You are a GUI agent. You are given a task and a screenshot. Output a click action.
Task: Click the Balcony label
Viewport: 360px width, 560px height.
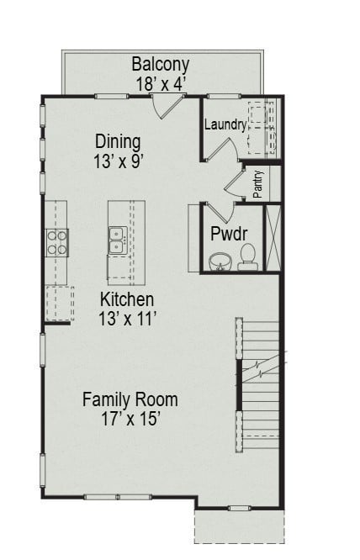161,64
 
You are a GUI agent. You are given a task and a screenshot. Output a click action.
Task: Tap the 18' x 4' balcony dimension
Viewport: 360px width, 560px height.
161,83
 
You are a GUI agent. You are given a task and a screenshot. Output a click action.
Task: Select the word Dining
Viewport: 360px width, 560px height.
117,142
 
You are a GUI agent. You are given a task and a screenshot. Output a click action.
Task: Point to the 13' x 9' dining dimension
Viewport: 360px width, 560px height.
117,161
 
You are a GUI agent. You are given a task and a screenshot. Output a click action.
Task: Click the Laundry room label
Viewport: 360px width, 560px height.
225,125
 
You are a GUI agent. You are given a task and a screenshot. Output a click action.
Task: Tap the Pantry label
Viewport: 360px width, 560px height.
258,185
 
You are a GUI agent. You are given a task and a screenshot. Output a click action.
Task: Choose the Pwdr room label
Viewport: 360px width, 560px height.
228,233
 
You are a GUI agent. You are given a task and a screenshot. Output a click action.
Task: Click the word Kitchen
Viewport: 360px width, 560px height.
127,299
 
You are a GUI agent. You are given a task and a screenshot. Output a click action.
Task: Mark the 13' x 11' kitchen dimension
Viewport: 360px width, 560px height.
127,318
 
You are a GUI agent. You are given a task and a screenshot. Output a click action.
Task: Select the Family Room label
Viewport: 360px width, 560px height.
130,399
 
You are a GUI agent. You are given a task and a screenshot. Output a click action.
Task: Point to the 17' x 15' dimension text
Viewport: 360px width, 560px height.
130,418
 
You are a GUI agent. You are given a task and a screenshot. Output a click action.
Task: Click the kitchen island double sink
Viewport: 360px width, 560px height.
117,241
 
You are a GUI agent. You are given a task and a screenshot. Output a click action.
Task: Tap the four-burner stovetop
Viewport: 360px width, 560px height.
57,242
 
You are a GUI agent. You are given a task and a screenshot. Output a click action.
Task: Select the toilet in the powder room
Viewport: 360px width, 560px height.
247,256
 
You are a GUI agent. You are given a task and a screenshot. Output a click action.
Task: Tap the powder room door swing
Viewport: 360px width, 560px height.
215,211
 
